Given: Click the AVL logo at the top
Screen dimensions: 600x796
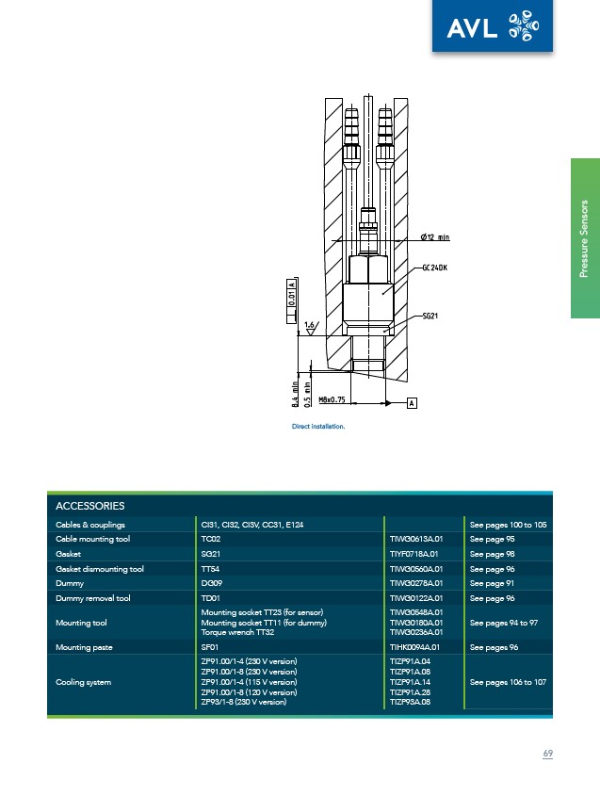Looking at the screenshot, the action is point(493,25).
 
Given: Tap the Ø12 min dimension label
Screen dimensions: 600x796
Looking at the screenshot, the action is point(435,237).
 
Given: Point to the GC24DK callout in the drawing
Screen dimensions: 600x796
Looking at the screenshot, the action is point(434,268).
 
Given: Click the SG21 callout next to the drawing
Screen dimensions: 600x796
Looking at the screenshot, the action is point(430,316).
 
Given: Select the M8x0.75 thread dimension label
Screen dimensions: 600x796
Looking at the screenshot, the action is point(332,399).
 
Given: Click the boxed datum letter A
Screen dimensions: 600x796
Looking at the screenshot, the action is point(412,403).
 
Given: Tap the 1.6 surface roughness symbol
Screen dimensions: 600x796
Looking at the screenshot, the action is point(310,327).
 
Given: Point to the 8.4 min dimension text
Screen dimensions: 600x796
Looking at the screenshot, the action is point(295,394).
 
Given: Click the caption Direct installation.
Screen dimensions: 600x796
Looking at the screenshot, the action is point(318,427).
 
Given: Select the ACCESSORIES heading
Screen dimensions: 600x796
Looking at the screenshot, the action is point(89,506).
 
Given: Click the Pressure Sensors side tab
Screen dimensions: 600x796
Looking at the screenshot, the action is point(585,238).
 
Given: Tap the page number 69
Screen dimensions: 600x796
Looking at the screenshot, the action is point(547,754).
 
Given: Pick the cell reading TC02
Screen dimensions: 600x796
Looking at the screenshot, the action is point(211,539).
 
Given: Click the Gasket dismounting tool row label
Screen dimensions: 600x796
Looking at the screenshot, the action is point(100,569).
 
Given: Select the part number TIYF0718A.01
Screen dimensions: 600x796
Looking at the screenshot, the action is point(414,554).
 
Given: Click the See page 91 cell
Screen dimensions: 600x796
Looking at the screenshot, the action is point(492,583).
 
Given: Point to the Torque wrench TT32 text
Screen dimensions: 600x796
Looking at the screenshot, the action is point(237,632).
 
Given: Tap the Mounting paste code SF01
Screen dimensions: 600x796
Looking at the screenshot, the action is point(210,647).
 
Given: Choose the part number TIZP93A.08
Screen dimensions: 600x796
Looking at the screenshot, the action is point(410,702).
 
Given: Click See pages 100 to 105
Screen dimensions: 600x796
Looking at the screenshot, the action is point(508,525).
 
